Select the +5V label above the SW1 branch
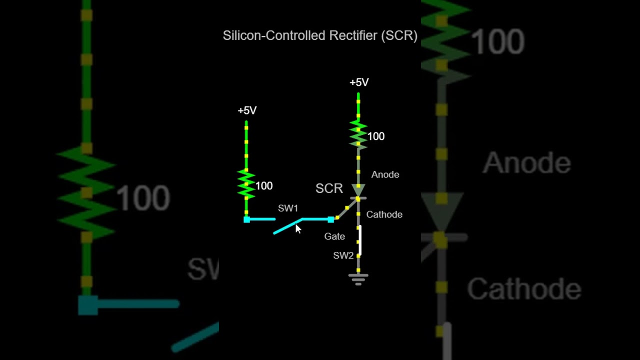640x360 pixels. (247, 110)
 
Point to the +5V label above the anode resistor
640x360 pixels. (359, 82)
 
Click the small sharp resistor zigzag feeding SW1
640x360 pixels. (246, 184)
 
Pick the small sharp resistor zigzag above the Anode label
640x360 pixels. (358, 134)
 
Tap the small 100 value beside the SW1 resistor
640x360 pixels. (264, 186)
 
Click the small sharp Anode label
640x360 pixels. (385, 174)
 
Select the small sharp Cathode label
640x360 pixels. (384, 214)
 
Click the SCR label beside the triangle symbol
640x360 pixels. (329, 188)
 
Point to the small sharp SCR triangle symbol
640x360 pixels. (358, 190)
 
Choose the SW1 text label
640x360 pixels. (288, 208)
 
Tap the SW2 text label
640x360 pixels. (343, 255)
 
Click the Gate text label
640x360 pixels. (334, 236)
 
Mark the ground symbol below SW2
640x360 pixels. (358, 278)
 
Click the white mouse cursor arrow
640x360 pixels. (298, 228)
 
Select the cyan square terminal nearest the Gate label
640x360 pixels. (330, 219)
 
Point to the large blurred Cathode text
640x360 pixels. (524, 289)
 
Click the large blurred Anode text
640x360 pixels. (526, 163)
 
